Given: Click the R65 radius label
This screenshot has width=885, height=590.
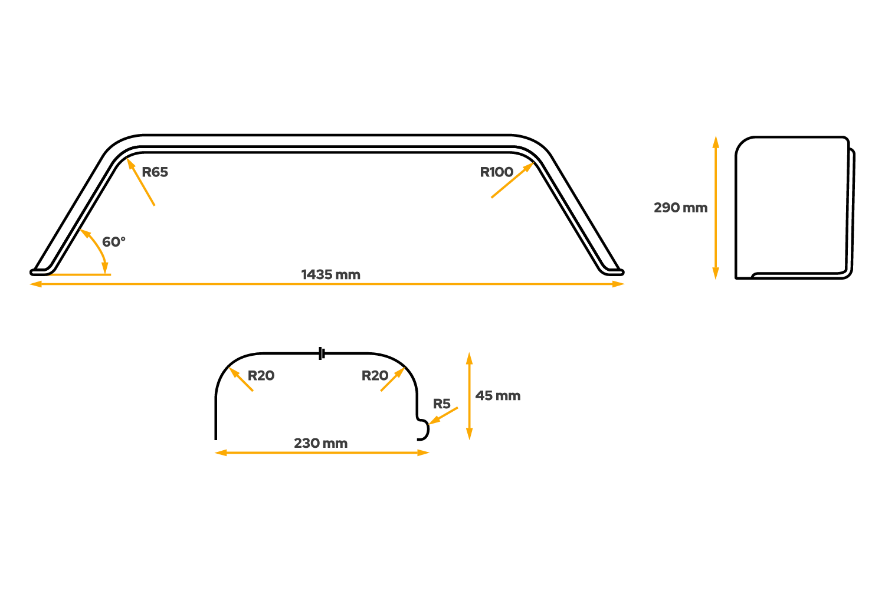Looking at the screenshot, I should (x=155, y=172).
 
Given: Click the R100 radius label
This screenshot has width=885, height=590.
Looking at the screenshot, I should (x=496, y=172).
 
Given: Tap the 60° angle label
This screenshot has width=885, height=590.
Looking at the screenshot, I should (x=113, y=242).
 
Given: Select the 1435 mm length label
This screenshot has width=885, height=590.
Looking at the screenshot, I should (x=330, y=274).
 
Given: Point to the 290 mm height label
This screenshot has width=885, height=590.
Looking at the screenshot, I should (x=680, y=208).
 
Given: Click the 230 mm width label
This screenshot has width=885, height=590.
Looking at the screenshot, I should (x=320, y=443).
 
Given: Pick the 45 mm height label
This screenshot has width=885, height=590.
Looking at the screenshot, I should (x=498, y=396).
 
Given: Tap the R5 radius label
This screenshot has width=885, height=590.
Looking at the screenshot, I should (x=442, y=404).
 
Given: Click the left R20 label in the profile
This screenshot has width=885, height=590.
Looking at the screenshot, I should (x=261, y=376).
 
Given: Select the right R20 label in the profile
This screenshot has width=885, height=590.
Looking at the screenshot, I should (x=375, y=376).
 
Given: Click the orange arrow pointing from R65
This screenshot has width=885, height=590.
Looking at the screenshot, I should (x=141, y=182).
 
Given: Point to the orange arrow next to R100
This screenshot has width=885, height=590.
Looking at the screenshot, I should (x=512, y=181).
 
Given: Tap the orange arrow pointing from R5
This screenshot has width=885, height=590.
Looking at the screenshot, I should (x=444, y=415).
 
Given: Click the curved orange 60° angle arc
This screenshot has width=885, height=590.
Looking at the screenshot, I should (x=98, y=248).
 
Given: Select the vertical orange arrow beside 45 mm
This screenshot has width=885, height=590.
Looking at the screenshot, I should (x=469, y=396).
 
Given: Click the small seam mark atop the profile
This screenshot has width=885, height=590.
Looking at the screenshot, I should (x=322, y=353).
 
